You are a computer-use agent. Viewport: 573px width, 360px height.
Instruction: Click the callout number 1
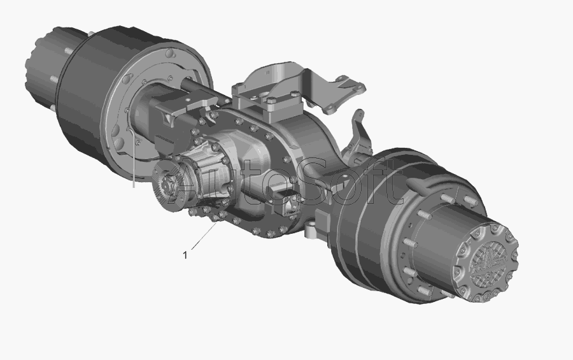[x=185, y=255]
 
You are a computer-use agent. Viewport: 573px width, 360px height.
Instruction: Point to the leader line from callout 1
[x=204, y=237]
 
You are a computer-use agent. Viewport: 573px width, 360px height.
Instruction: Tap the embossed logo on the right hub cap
[x=488, y=263]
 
